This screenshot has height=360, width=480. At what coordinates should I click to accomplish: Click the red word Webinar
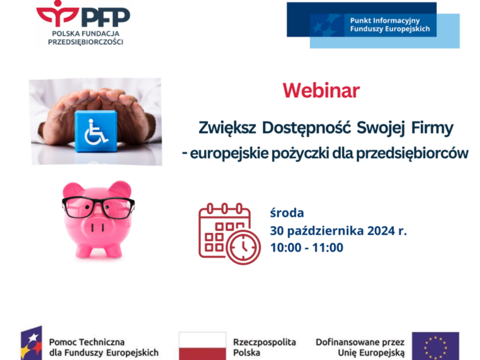(x=321, y=91)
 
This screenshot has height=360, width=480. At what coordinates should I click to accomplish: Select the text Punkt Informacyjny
(x=385, y=21)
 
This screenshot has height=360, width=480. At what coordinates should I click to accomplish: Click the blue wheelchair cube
(x=96, y=131)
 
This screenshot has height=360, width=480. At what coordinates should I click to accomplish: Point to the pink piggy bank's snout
(x=98, y=227)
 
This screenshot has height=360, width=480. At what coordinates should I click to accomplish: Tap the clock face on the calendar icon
(x=244, y=247)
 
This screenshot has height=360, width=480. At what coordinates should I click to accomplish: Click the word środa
(x=287, y=213)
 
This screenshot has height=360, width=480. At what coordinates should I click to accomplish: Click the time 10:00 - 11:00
(x=307, y=248)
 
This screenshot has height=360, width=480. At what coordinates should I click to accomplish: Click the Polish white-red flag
(x=202, y=346)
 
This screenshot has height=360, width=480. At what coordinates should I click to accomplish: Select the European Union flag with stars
(x=436, y=346)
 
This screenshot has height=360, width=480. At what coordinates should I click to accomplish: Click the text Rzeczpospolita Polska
(x=265, y=347)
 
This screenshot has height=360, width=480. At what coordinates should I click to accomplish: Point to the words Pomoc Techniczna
(x=87, y=342)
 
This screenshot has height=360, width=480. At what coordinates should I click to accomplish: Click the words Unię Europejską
(x=371, y=353)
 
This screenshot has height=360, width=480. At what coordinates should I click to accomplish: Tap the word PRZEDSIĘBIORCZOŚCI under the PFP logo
(x=86, y=42)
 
